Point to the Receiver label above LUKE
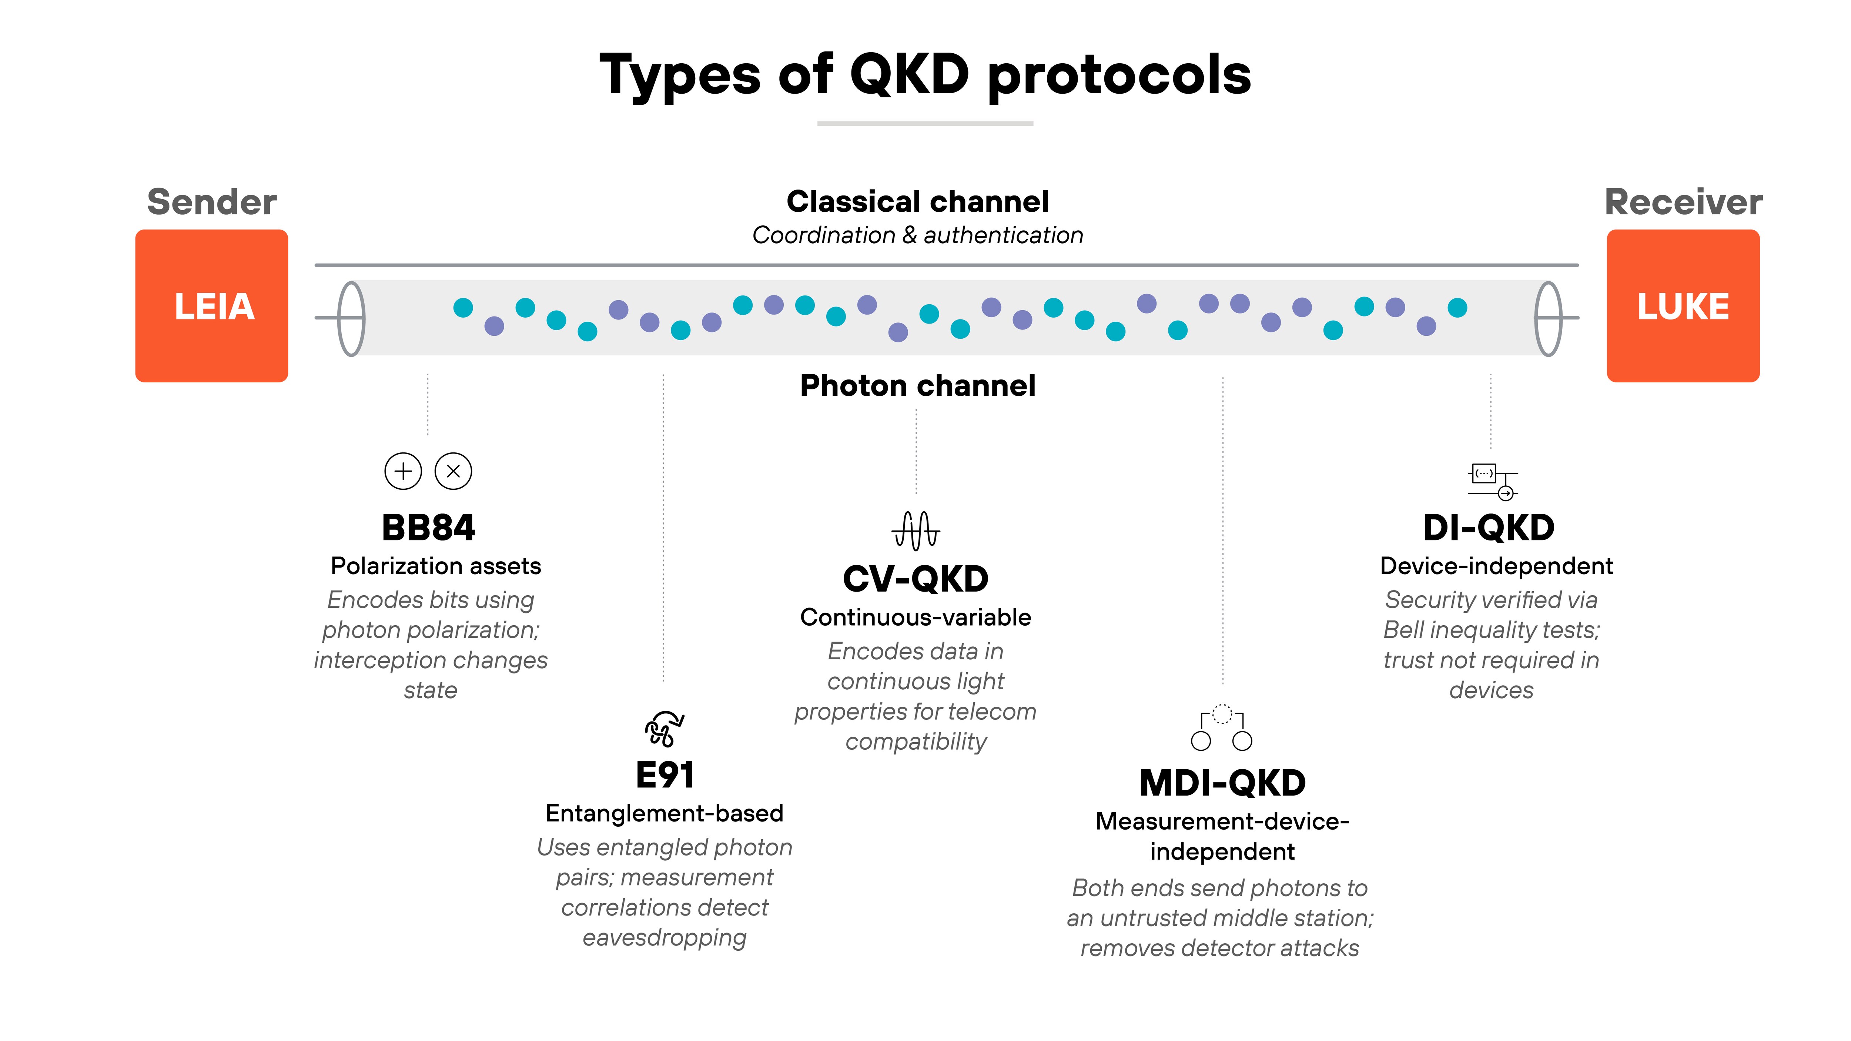(1683, 202)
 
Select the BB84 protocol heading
(428, 528)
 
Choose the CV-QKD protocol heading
(916, 579)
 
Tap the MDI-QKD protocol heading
(1222, 783)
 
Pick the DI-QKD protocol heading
(1489, 528)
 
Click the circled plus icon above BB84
(403, 471)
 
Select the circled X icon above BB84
(453, 471)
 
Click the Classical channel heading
(918, 202)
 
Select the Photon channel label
(918, 386)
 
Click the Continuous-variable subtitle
(916, 617)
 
